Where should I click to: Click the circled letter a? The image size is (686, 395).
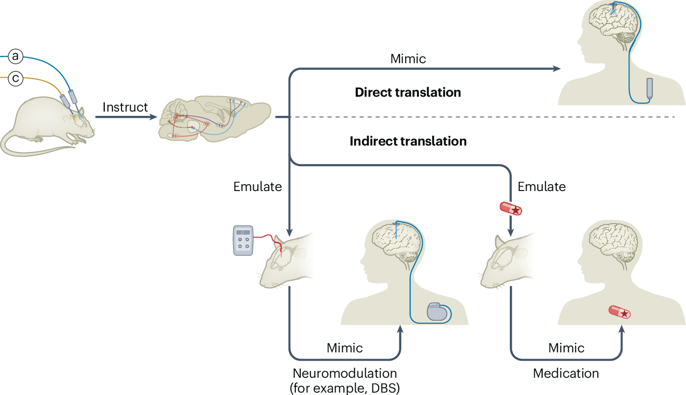pyautogui.click(x=16, y=57)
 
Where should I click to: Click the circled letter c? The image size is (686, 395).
pyautogui.click(x=16, y=78)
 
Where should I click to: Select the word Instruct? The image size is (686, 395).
pyautogui.click(x=125, y=107)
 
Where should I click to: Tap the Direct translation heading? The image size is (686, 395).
pyautogui.click(x=408, y=92)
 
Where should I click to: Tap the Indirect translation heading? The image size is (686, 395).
pyautogui.click(x=408, y=141)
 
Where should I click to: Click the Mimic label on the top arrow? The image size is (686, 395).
pyautogui.click(x=408, y=59)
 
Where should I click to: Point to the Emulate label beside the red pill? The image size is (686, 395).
pyautogui.click(x=542, y=186)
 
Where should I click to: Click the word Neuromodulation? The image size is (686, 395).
pyautogui.click(x=345, y=373)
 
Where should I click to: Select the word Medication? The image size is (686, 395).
pyautogui.click(x=566, y=373)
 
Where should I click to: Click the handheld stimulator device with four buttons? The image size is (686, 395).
pyautogui.click(x=243, y=241)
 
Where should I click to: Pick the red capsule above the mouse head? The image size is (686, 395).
pyautogui.click(x=511, y=208)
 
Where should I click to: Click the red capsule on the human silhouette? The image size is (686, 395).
pyautogui.click(x=619, y=313)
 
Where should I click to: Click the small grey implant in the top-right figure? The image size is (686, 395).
pyautogui.click(x=650, y=88)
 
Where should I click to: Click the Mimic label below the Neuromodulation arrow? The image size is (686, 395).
pyautogui.click(x=345, y=348)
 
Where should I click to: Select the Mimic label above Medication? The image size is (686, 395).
pyautogui.click(x=566, y=348)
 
